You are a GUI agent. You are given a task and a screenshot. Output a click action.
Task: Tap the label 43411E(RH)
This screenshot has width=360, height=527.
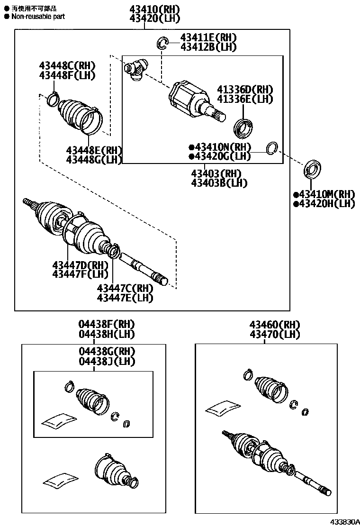point(208,38)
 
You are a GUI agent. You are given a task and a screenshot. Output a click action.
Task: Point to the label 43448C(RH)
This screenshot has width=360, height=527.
point(67,66)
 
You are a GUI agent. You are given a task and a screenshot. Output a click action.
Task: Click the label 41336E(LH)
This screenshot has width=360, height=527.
point(245,99)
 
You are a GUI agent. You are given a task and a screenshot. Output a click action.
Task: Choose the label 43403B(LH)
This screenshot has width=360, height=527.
point(219,182)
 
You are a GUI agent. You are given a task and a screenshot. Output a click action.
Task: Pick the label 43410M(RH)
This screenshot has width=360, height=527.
point(324,194)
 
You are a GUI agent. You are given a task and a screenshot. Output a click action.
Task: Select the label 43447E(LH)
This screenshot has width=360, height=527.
point(125,298)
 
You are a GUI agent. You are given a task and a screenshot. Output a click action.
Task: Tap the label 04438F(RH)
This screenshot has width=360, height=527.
point(107,325)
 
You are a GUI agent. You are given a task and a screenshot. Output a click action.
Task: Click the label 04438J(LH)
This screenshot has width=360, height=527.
point(107,361)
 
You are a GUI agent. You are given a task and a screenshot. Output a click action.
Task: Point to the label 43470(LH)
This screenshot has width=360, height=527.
point(275,334)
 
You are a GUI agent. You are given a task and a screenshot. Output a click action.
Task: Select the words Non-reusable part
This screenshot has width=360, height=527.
point(37,17)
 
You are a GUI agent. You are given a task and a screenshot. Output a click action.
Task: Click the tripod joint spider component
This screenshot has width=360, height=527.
point(136,69)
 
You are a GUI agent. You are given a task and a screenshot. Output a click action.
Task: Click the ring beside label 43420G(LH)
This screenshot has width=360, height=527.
point(272,148)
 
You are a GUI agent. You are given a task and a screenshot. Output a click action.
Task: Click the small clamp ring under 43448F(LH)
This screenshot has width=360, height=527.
point(52,100)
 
